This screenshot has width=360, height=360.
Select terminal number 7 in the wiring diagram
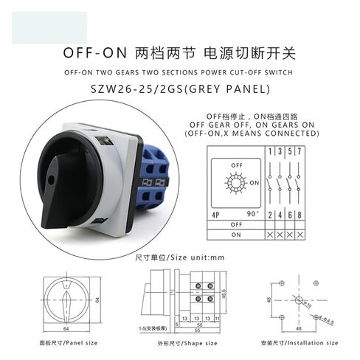point(304,151)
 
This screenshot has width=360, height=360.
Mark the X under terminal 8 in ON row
point(304,234)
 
